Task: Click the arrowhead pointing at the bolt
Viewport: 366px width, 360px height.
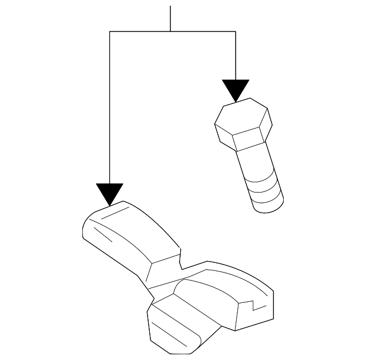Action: point(236,90)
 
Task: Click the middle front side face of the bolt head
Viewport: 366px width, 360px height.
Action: point(248,141)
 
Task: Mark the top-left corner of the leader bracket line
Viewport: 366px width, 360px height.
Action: point(109,32)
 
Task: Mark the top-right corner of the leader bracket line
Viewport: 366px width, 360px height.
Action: point(236,32)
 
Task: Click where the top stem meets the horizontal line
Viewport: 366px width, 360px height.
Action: point(170,32)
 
